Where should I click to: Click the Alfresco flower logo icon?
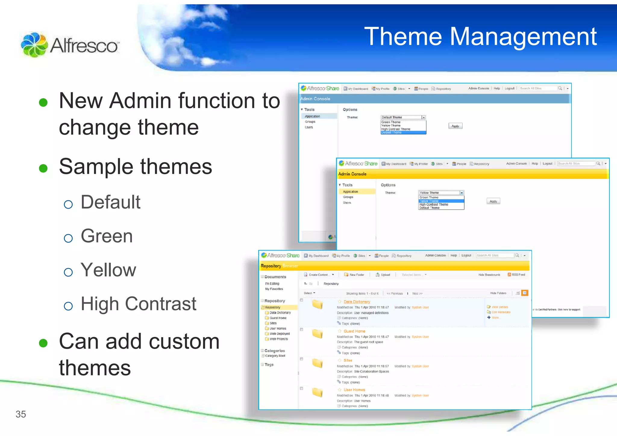click(x=34, y=45)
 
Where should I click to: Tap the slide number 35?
click(x=21, y=414)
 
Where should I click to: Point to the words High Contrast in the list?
click(x=139, y=304)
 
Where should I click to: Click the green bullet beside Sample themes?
click(x=43, y=168)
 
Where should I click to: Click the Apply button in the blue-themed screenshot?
click(x=455, y=126)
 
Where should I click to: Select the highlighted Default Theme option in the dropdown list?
click(x=392, y=133)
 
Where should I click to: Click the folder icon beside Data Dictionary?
click(x=317, y=305)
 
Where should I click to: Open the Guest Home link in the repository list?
click(x=354, y=331)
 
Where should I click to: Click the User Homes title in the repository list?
click(x=354, y=390)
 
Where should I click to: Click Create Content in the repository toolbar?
click(x=318, y=275)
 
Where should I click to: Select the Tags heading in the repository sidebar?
click(x=269, y=365)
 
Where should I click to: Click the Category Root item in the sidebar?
click(x=275, y=356)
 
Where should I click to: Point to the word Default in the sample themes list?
click(x=111, y=202)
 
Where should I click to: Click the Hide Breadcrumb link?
click(x=489, y=275)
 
